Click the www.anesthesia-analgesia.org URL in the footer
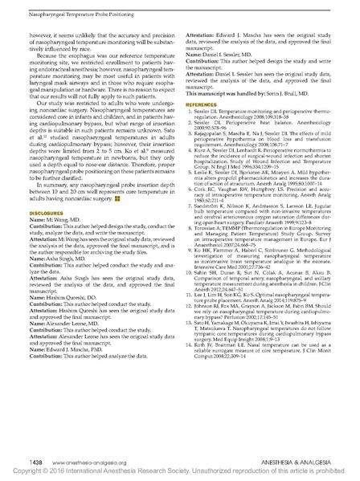[x=63, y=463]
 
